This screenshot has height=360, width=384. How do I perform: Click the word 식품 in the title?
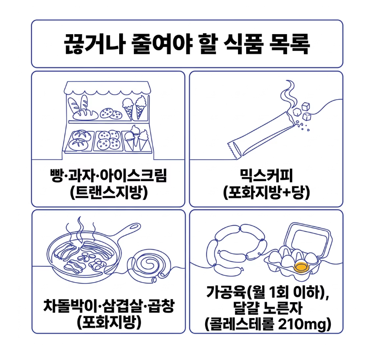click(x=244, y=44)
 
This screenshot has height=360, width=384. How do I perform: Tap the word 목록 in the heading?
click(x=290, y=44)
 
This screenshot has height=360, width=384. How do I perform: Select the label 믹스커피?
click(x=266, y=176)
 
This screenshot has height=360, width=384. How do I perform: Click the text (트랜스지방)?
click(x=109, y=193)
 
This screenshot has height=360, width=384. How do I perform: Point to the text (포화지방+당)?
click(x=267, y=193)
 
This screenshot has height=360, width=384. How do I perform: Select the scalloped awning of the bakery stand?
click(x=107, y=88)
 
